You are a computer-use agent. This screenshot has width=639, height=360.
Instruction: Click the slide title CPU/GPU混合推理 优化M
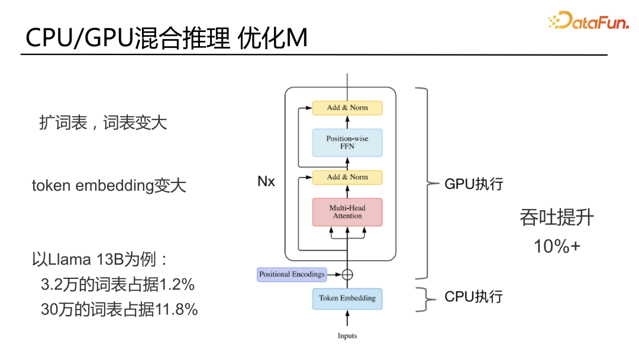(x=166, y=39)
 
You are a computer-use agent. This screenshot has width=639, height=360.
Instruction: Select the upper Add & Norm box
(x=347, y=108)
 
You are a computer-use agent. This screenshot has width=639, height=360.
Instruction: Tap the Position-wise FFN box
(x=347, y=143)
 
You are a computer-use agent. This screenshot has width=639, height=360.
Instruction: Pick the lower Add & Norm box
(x=347, y=177)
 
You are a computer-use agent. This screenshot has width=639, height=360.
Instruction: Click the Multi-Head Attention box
(x=347, y=212)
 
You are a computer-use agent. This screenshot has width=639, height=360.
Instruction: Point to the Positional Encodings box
(x=292, y=274)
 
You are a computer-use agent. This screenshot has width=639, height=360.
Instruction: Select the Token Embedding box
(x=347, y=298)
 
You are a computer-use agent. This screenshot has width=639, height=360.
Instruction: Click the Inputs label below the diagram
(x=347, y=336)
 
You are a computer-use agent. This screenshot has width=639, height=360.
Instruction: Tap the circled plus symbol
(x=347, y=274)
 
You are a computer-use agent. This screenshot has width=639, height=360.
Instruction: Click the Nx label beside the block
(x=266, y=182)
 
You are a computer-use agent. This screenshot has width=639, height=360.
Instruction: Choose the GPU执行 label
(x=473, y=184)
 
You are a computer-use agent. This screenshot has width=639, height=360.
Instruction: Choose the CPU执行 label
(x=473, y=297)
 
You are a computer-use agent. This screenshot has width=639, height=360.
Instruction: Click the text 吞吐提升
(x=556, y=218)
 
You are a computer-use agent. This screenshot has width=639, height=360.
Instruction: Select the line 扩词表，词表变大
(x=103, y=123)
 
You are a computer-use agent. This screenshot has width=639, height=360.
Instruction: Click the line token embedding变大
(x=109, y=186)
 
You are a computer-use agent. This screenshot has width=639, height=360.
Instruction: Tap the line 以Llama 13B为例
(x=101, y=259)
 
